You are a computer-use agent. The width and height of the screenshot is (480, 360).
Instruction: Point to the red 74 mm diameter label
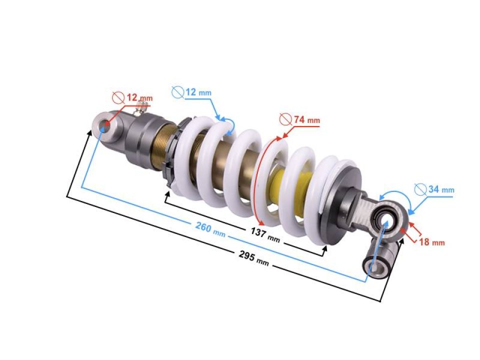(305, 120)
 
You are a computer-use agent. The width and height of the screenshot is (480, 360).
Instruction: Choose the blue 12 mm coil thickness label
(198, 92)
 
